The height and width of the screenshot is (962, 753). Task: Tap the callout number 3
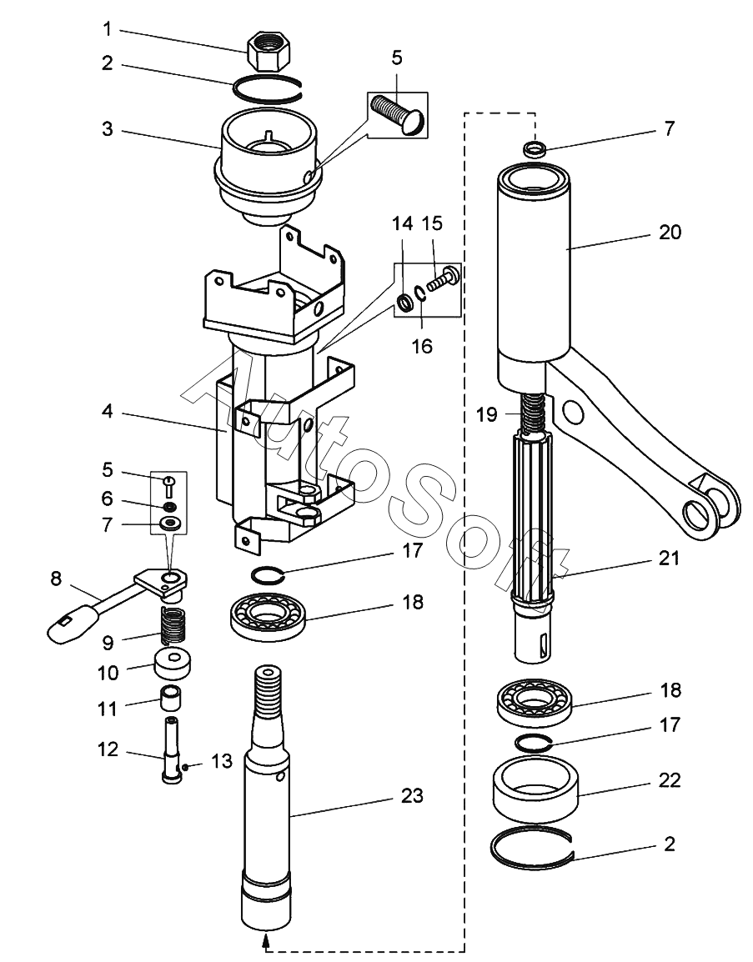coord(108,129)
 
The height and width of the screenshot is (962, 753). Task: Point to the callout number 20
coord(670,232)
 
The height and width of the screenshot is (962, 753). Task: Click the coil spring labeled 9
coord(173,625)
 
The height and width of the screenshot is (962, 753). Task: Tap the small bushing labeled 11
coord(173,699)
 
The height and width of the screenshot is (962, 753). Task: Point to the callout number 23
coord(412,795)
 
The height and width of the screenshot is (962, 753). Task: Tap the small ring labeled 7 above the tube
coord(534,148)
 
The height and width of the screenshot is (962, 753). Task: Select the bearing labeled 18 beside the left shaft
coord(269,614)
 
